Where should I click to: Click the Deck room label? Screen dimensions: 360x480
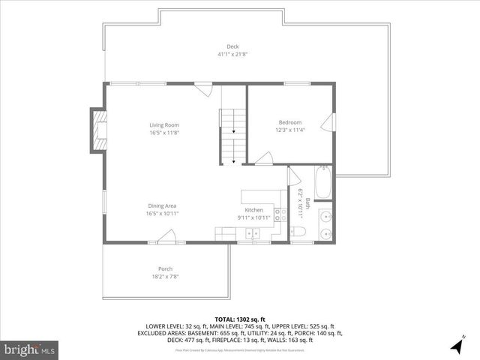coord(223,46)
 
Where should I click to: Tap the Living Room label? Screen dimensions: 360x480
coord(164,124)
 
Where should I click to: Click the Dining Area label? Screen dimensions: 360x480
coord(163,205)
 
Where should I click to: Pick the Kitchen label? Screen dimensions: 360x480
coord(254,210)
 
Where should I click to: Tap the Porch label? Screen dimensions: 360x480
coord(165,268)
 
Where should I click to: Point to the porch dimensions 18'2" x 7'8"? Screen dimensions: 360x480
coord(165,276)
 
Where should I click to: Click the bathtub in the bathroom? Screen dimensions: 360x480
coord(324,182)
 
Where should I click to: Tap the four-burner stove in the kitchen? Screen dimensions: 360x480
coord(278,214)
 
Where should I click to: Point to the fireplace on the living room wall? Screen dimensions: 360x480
coord(98,130)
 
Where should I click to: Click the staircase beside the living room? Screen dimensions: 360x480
coord(232,133)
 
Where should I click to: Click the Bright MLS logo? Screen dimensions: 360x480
coord(30,349)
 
